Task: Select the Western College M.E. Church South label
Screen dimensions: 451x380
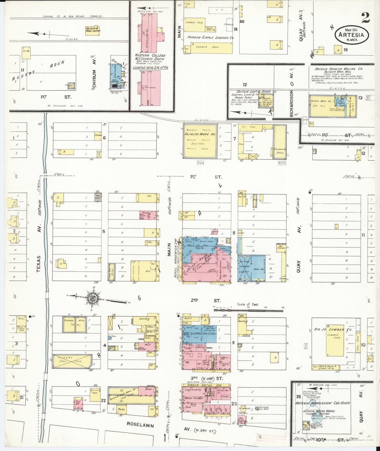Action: click(150, 57)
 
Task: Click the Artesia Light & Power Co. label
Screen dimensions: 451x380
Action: click(254, 91)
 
